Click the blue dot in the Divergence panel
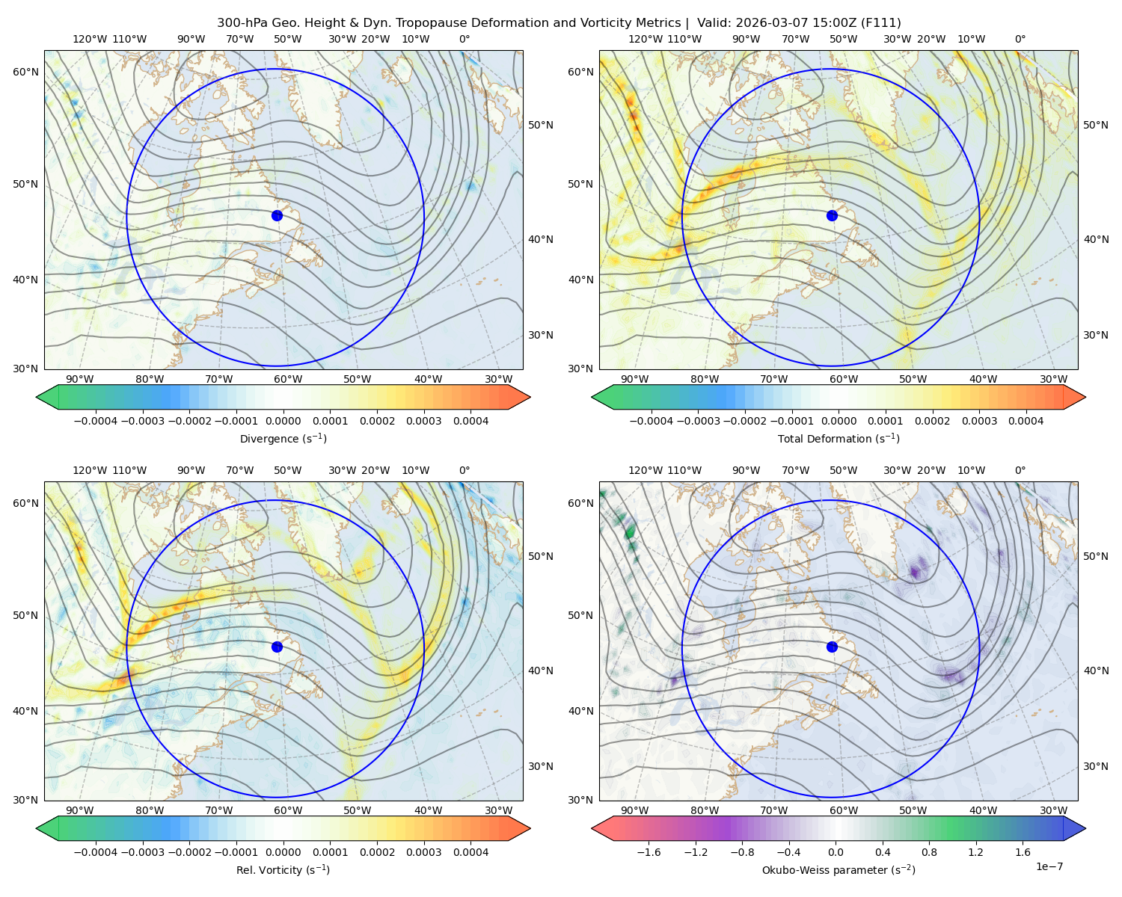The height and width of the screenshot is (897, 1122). (x=277, y=215)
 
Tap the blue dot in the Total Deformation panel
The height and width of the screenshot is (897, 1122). (x=832, y=215)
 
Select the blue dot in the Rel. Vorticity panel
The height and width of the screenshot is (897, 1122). (x=277, y=647)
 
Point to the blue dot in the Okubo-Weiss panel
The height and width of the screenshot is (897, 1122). (x=832, y=647)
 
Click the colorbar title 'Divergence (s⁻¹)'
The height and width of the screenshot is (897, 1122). (x=283, y=438)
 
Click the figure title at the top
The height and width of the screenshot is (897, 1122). (x=559, y=23)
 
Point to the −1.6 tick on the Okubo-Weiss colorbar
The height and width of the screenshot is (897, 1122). (x=649, y=852)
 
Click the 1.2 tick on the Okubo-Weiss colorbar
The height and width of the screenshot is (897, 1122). (x=975, y=852)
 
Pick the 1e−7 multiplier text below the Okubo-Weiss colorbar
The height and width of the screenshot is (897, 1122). (x=1049, y=866)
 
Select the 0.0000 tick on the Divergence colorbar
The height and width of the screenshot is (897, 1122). (x=283, y=421)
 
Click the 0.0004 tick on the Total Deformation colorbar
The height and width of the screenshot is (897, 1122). (x=1026, y=421)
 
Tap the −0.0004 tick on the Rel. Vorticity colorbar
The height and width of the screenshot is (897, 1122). (x=96, y=852)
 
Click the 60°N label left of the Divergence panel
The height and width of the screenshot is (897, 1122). (x=25, y=72)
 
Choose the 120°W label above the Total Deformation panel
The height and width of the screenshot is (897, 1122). (x=645, y=39)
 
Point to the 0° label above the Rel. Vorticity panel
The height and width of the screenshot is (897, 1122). (x=465, y=470)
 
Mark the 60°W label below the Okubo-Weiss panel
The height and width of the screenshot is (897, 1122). (x=843, y=810)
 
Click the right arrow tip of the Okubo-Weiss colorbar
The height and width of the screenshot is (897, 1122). (x=1085, y=828)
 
